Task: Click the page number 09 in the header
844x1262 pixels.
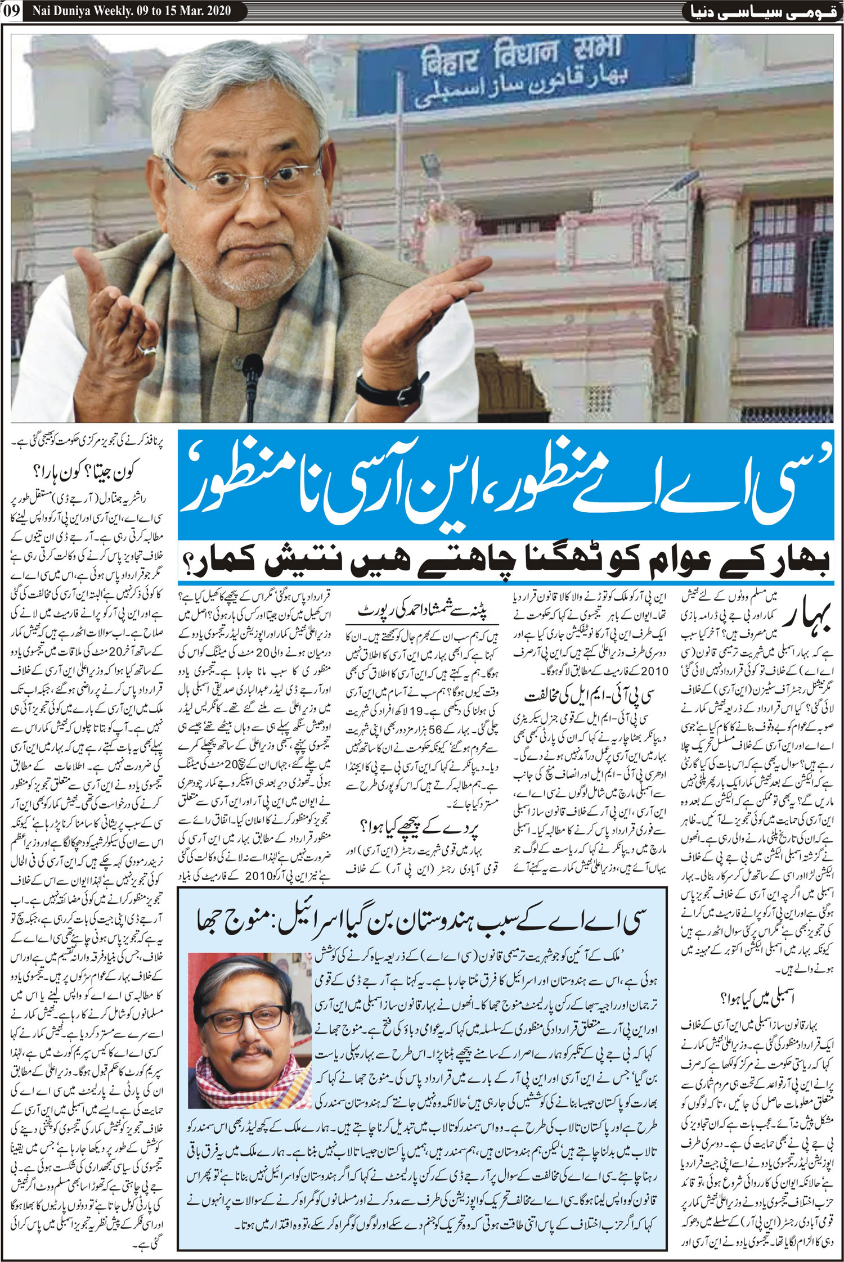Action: point(11,12)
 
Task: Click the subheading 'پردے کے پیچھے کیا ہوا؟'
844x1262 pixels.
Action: point(411,826)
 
